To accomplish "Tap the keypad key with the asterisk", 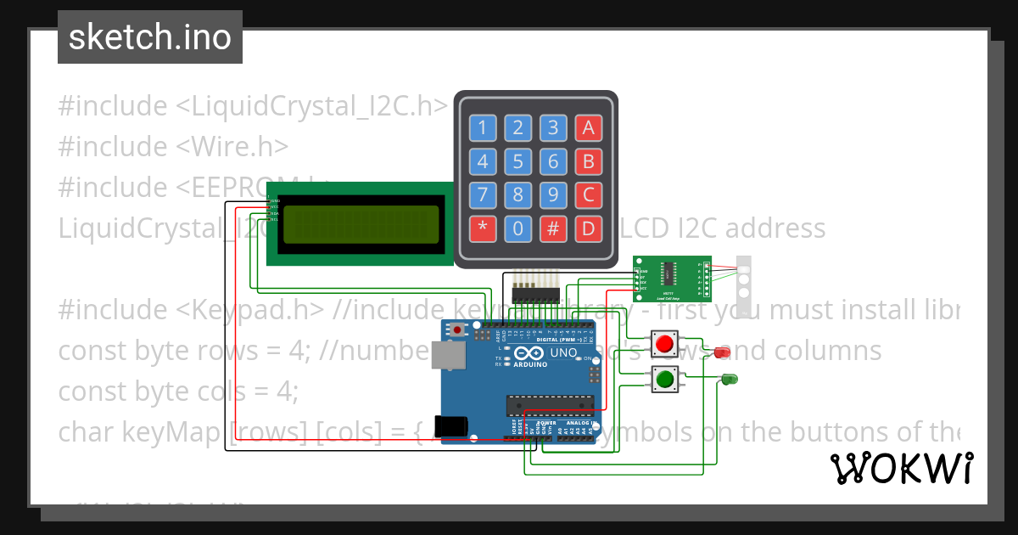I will (482, 228).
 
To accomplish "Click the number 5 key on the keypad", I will (517, 161).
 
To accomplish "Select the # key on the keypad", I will (553, 228).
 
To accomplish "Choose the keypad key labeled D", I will (588, 228).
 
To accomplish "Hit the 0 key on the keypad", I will (517, 228).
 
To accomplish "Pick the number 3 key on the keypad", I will (553, 128).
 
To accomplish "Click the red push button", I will (664, 345).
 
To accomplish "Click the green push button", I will (664, 379).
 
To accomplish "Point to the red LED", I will (722, 352).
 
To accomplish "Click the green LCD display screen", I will (361, 223).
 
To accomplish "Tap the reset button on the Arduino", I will (458, 329).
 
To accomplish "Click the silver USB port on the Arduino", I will (447, 355).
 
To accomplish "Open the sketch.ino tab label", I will (149, 37).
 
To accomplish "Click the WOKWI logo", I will (901, 468).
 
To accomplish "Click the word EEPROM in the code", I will (255, 187).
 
